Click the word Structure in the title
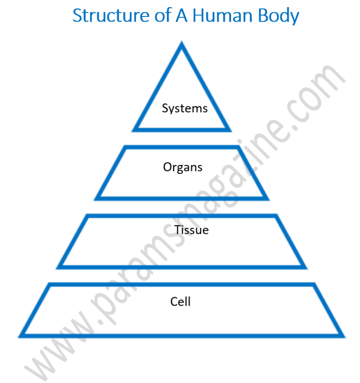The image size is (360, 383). pos(111,16)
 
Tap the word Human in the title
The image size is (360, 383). pos(222,15)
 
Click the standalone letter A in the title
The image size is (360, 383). pos(181,15)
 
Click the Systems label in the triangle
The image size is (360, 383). pos(185,108)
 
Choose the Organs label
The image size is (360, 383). pos(183,167)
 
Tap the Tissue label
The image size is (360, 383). pos(191,230)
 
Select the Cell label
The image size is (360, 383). pos(180,301)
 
